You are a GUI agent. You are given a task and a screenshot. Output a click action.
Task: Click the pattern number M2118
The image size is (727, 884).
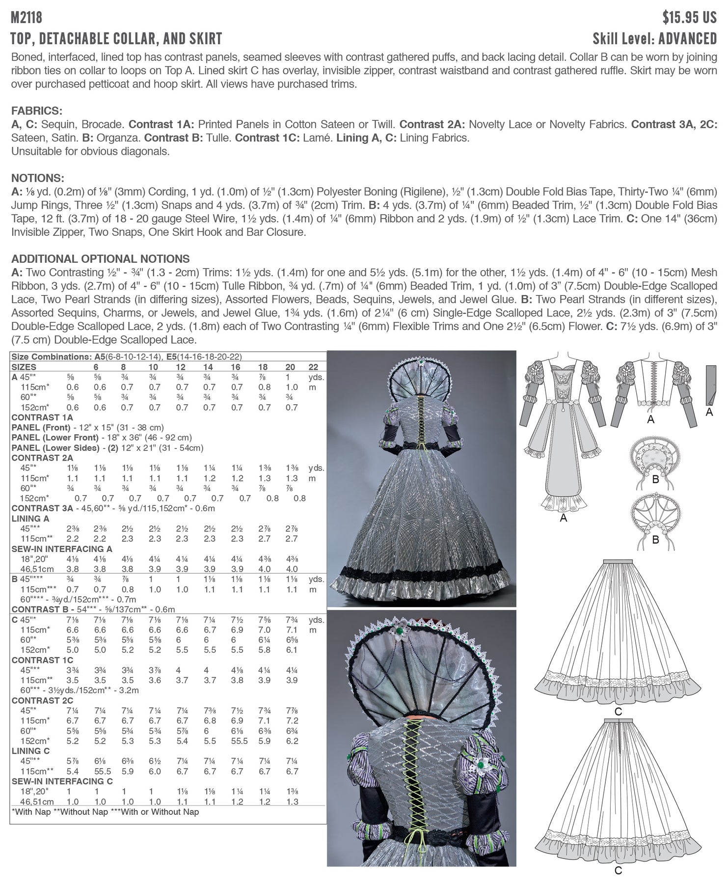[x=27, y=18]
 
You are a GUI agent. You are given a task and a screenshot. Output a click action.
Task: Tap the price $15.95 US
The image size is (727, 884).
[x=689, y=18]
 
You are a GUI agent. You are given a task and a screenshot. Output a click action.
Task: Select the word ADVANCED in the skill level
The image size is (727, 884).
[x=688, y=39]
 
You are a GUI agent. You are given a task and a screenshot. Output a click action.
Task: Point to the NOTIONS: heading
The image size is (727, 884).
[x=38, y=178]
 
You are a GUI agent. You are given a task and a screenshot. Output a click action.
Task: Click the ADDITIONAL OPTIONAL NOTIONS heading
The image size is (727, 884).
[x=100, y=259]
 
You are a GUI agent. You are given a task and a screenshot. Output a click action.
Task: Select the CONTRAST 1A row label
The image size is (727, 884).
[x=42, y=417]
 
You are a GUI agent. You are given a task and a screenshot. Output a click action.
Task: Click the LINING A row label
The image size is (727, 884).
[x=30, y=519]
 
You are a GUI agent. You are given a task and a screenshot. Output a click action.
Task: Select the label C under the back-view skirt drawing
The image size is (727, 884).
[x=618, y=871]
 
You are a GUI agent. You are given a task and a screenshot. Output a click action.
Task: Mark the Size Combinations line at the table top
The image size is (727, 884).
[x=126, y=357]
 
